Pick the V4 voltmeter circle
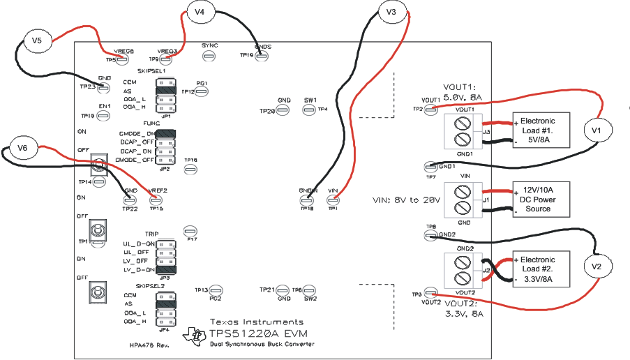pos(200,12)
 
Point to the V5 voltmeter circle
pos(36,41)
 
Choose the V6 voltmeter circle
pos(22,148)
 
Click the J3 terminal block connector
pos(464,130)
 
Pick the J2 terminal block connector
pos(464,269)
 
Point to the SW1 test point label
pos(310,100)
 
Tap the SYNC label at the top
pos(209,45)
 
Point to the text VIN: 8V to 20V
pos(407,200)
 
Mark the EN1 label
pos(105,106)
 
